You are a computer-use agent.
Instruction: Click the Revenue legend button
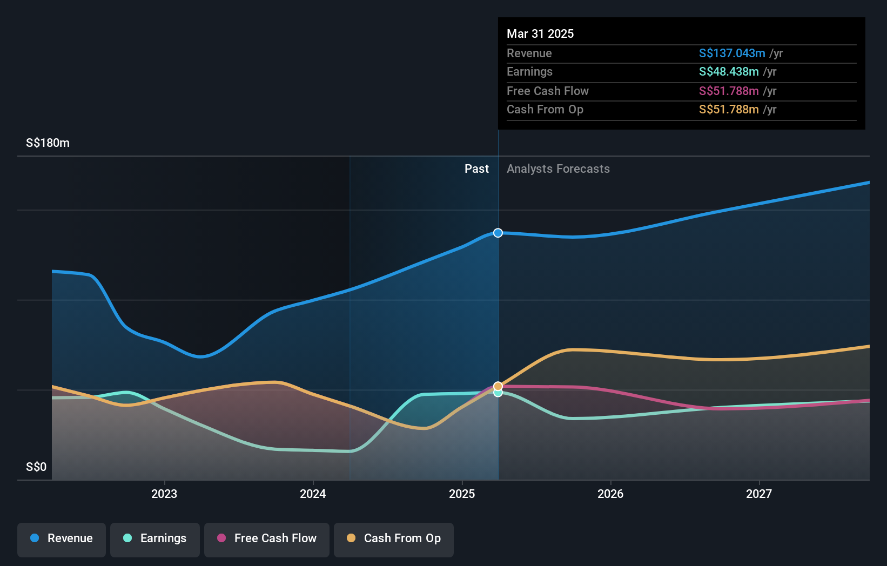click(x=62, y=538)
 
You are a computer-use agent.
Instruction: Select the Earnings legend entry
click(x=155, y=538)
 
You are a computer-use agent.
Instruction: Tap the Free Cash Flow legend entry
click(x=267, y=538)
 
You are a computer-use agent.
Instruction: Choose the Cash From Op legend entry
click(x=394, y=538)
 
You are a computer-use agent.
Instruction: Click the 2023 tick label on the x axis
click(x=164, y=494)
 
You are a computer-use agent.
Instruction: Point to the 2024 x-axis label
click(x=313, y=494)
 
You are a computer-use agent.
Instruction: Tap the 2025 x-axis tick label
click(x=462, y=494)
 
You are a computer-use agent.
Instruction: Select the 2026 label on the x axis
click(x=610, y=494)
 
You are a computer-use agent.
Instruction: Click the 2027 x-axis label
click(x=759, y=494)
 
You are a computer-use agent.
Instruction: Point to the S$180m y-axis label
click(x=48, y=143)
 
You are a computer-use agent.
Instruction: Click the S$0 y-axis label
click(x=36, y=467)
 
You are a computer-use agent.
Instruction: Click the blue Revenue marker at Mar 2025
click(x=498, y=233)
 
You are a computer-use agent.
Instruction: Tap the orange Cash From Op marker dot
click(x=498, y=386)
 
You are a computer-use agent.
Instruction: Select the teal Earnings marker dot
click(x=498, y=393)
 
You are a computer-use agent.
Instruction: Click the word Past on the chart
click(x=476, y=169)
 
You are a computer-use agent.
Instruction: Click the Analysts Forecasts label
click(x=558, y=169)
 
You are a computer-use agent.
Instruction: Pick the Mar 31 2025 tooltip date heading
click(x=540, y=33)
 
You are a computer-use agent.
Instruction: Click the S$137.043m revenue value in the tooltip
click(x=732, y=53)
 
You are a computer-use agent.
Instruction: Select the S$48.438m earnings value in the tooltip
click(x=729, y=72)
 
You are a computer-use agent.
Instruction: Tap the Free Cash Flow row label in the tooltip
click(x=548, y=91)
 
